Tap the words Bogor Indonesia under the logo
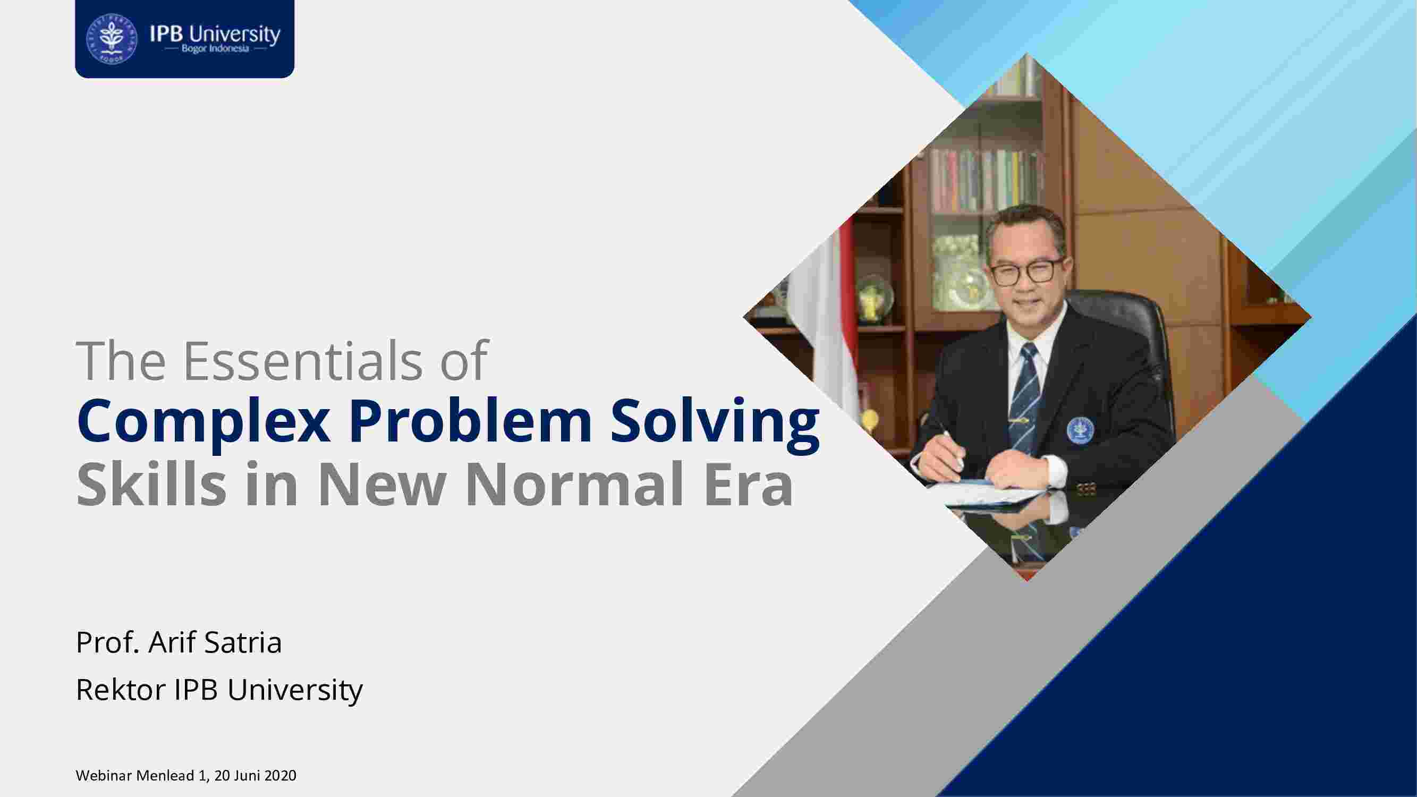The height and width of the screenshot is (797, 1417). click(x=216, y=49)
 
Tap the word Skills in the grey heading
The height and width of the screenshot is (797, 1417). click(x=151, y=484)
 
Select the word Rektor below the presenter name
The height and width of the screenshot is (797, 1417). click(x=121, y=689)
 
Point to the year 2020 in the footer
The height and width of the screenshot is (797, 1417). click(x=280, y=776)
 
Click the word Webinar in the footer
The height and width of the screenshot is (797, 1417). click(x=104, y=776)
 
